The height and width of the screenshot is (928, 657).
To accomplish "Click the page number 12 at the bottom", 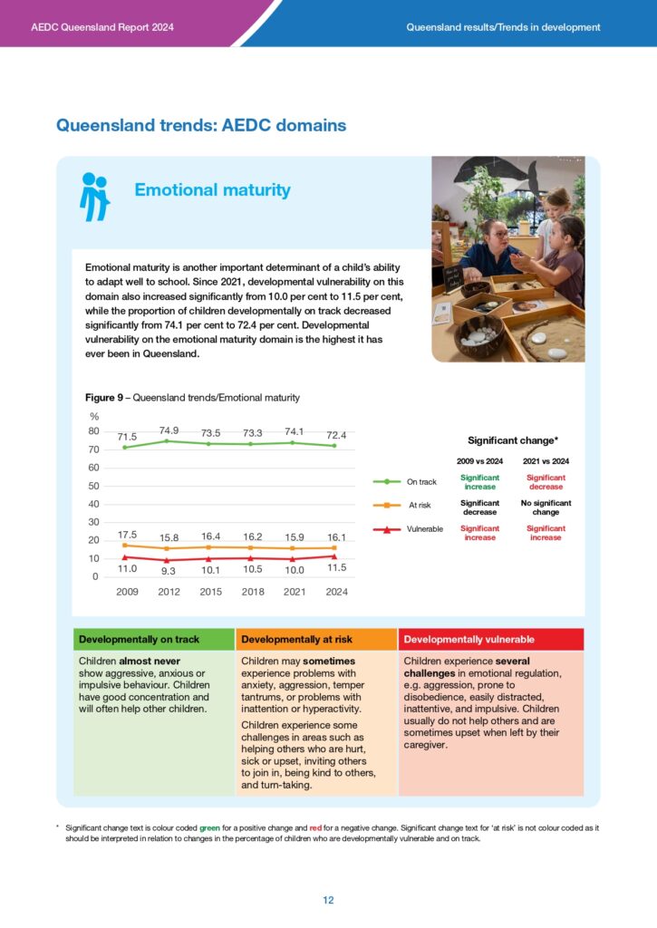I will pyautogui.click(x=328, y=900).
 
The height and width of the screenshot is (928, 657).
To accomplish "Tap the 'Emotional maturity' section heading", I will pyautogui.click(x=212, y=190).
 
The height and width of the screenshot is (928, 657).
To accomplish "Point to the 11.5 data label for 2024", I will pyautogui.click(x=336, y=567).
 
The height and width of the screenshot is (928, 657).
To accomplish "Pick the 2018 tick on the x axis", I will pyautogui.click(x=251, y=592).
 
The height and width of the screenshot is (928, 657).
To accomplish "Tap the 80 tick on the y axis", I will pyautogui.click(x=93, y=431).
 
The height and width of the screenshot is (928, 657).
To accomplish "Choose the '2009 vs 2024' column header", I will pyautogui.click(x=479, y=462).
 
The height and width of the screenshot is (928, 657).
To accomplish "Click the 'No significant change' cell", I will pyautogui.click(x=546, y=507).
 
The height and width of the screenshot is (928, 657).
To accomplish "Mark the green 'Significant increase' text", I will pyautogui.click(x=479, y=482).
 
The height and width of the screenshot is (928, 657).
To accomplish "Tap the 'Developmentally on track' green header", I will pyautogui.click(x=140, y=640).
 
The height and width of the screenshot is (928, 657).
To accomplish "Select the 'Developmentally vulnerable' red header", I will pyautogui.click(x=469, y=640).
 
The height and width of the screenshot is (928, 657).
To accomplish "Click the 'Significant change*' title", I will pyautogui.click(x=512, y=440).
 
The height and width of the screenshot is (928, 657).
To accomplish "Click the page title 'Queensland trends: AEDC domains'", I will pyautogui.click(x=201, y=126).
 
